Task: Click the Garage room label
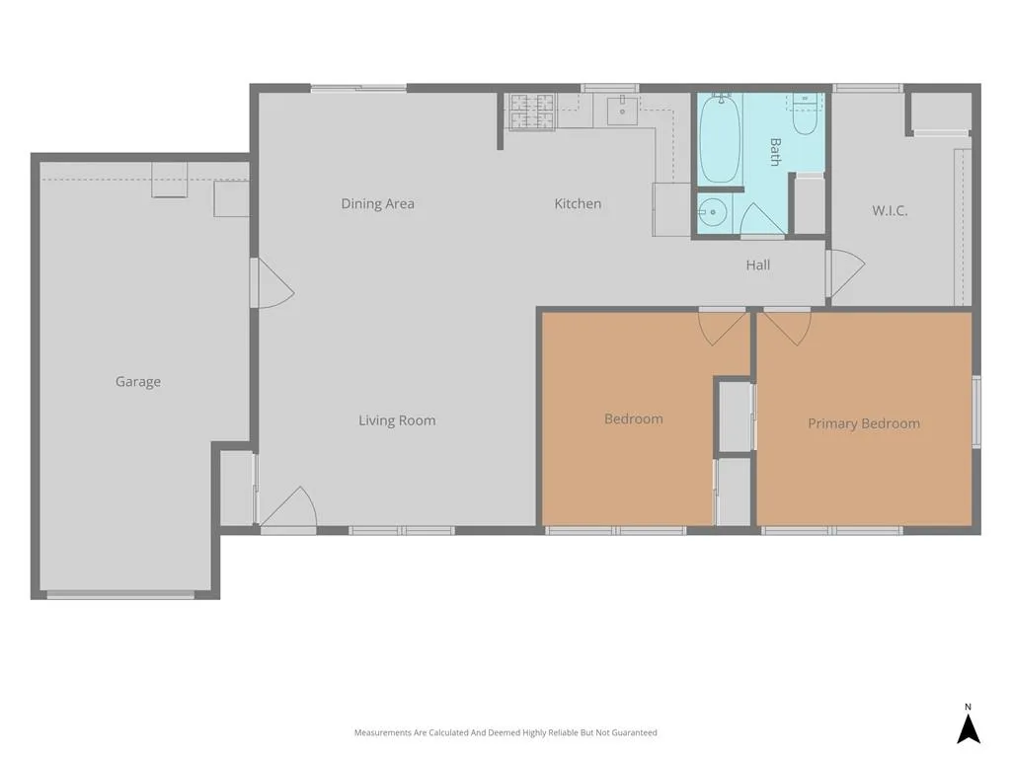pos(138,382)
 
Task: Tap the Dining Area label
pos(378,203)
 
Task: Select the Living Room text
pos(397,420)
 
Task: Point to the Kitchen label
pos(578,203)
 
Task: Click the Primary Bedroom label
pos(864,423)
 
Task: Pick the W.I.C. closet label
pos(890,210)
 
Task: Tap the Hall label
pos(758,265)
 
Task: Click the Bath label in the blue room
pos(775,151)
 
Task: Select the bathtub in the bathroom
pos(720,138)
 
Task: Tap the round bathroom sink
pos(713,212)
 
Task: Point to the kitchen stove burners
pos(532,111)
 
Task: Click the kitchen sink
pos(622,111)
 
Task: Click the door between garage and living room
pos(272,283)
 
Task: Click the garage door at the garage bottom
pos(120,595)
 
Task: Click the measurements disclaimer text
pos(505,732)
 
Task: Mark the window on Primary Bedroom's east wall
pos(976,412)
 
